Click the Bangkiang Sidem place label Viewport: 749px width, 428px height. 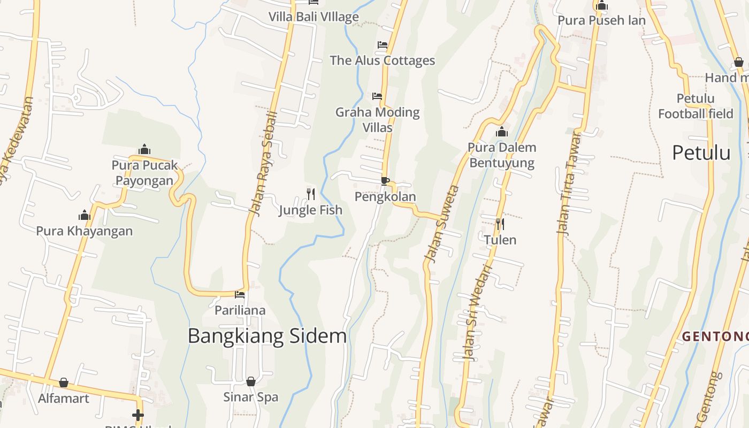[x=267, y=336]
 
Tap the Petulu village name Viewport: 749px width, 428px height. [x=701, y=153]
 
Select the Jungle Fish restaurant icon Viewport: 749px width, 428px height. [x=310, y=194]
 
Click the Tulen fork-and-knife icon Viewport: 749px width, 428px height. [x=500, y=224]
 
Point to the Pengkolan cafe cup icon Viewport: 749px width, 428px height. [x=385, y=181]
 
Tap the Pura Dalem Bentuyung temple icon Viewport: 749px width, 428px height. [x=502, y=132]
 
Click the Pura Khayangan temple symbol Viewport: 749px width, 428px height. [x=84, y=216]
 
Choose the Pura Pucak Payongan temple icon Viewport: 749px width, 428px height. [x=144, y=149]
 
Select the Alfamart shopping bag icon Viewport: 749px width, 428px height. [x=64, y=383]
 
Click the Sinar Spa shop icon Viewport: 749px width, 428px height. [x=250, y=381]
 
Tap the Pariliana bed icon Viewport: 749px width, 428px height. [x=240, y=294]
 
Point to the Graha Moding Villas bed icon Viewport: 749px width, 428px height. [x=377, y=96]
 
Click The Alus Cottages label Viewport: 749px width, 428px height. [x=382, y=60]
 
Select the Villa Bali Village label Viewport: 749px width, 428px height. [x=314, y=17]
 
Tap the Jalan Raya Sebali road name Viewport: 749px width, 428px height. [x=264, y=164]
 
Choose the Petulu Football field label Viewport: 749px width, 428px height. [x=695, y=106]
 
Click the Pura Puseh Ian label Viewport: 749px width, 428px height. [x=601, y=20]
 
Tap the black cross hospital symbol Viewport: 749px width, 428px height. [x=138, y=415]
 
